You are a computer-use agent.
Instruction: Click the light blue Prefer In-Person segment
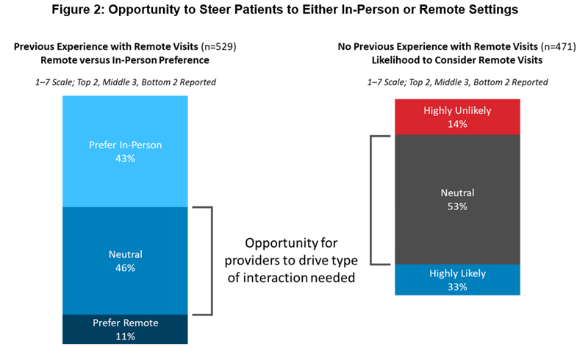[125, 151]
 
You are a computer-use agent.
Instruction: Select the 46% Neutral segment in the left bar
[125, 261]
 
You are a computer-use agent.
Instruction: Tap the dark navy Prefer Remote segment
[125, 329]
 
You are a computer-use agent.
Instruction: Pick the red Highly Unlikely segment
[457, 117]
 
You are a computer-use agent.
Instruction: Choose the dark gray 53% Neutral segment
[457, 199]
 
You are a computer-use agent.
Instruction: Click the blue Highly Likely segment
[457, 280]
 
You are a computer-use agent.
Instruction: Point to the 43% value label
[125, 159]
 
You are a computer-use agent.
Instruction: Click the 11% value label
[125, 337]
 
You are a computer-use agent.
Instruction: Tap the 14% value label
[457, 124]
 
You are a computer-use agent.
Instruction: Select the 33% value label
[457, 287]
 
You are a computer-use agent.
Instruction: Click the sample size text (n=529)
[218, 46]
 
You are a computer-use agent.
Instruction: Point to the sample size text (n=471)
[558, 46]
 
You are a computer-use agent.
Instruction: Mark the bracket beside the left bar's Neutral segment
[212, 261]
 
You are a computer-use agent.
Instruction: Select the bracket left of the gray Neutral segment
[371, 200]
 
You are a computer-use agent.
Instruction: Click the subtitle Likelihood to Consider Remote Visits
[457, 60]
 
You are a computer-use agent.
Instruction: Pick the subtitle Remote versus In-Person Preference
[125, 60]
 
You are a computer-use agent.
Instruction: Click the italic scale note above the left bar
[126, 82]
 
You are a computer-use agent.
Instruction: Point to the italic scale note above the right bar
[457, 82]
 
